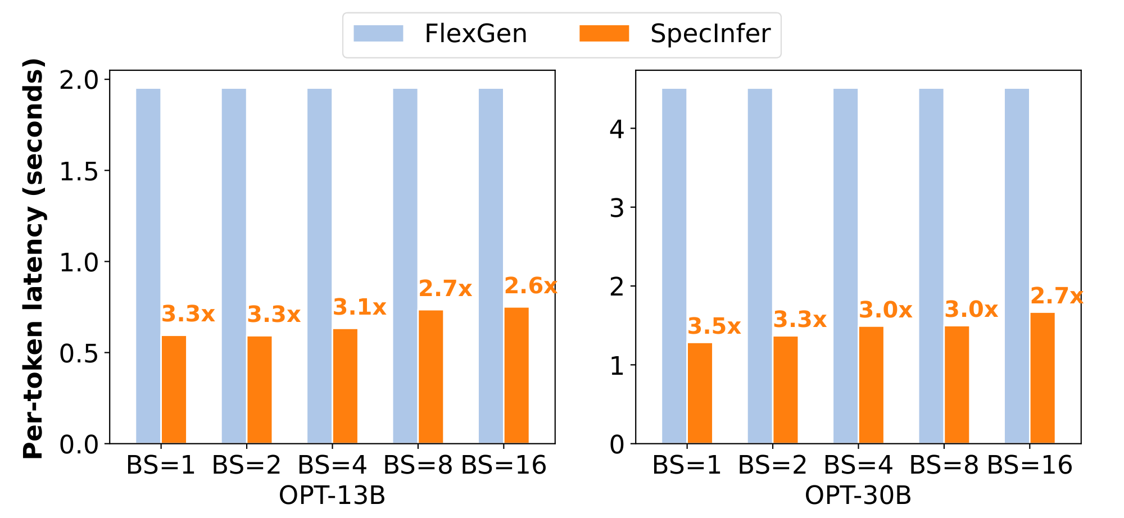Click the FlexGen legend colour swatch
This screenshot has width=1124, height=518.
tap(378, 34)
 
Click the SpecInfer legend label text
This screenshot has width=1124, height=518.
tap(710, 34)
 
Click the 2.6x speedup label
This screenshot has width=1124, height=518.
tap(530, 287)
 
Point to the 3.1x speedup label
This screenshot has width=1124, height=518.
tap(360, 307)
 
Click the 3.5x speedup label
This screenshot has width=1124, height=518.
tap(714, 326)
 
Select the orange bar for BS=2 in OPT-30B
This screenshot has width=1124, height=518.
tap(785, 390)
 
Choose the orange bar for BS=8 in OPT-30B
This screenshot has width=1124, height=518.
tap(957, 385)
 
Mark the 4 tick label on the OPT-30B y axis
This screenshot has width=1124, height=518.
tap(617, 129)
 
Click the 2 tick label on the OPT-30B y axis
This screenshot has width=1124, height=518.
tap(617, 287)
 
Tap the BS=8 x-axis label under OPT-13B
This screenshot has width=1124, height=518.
tap(418, 466)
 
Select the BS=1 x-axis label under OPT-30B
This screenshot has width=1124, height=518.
tap(686, 466)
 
